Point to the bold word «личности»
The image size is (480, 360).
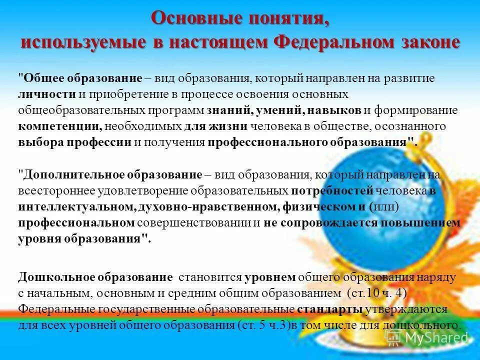(47, 94)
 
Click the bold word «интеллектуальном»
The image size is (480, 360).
(73, 207)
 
